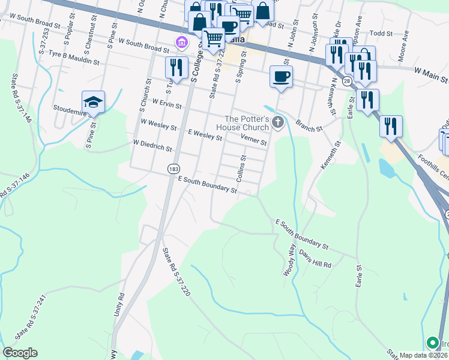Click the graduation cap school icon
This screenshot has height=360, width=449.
tap(93, 102)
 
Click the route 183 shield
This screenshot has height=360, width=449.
tap(173, 170)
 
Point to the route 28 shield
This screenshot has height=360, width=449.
tap(347, 80)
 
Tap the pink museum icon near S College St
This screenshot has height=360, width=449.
tap(181, 42)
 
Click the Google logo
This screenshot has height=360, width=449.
tap(20, 353)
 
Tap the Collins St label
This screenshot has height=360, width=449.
tap(241, 169)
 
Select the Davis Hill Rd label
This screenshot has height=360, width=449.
tap(315, 259)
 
